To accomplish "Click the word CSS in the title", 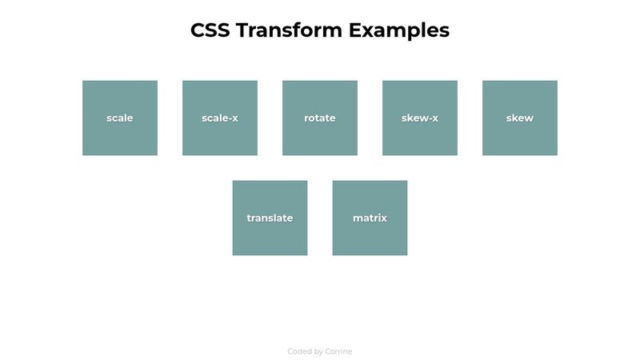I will pyautogui.click(x=210, y=30).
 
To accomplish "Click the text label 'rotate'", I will pyautogui.click(x=320, y=118).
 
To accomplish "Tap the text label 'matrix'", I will pyautogui.click(x=370, y=218).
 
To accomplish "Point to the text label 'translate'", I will pyautogui.click(x=270, y=218).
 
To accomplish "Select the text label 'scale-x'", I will pyautogui.click(x=220, y=118).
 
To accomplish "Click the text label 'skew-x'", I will pyautogui.click(x=420, y=118).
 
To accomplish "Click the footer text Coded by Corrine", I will pyautogui.click(x=320, y=351).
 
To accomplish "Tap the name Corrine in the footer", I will pyautogui.click(x=338, y=351).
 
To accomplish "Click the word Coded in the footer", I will pyautogui.click(x=300, y=351).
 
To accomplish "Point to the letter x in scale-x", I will pyautogui.click(x=234, y=118).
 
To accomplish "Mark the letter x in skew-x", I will pyautogui.click(x=434, y=118).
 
